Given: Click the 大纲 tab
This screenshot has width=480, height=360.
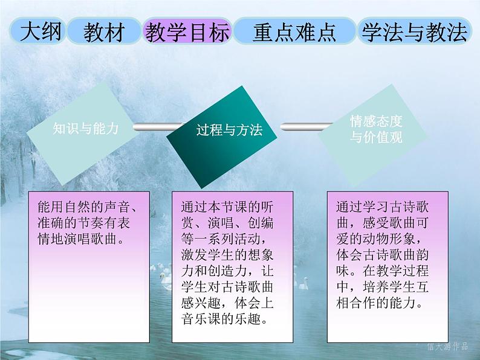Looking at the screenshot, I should (41, 31).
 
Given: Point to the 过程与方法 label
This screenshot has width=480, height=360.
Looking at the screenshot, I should (229, 130).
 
